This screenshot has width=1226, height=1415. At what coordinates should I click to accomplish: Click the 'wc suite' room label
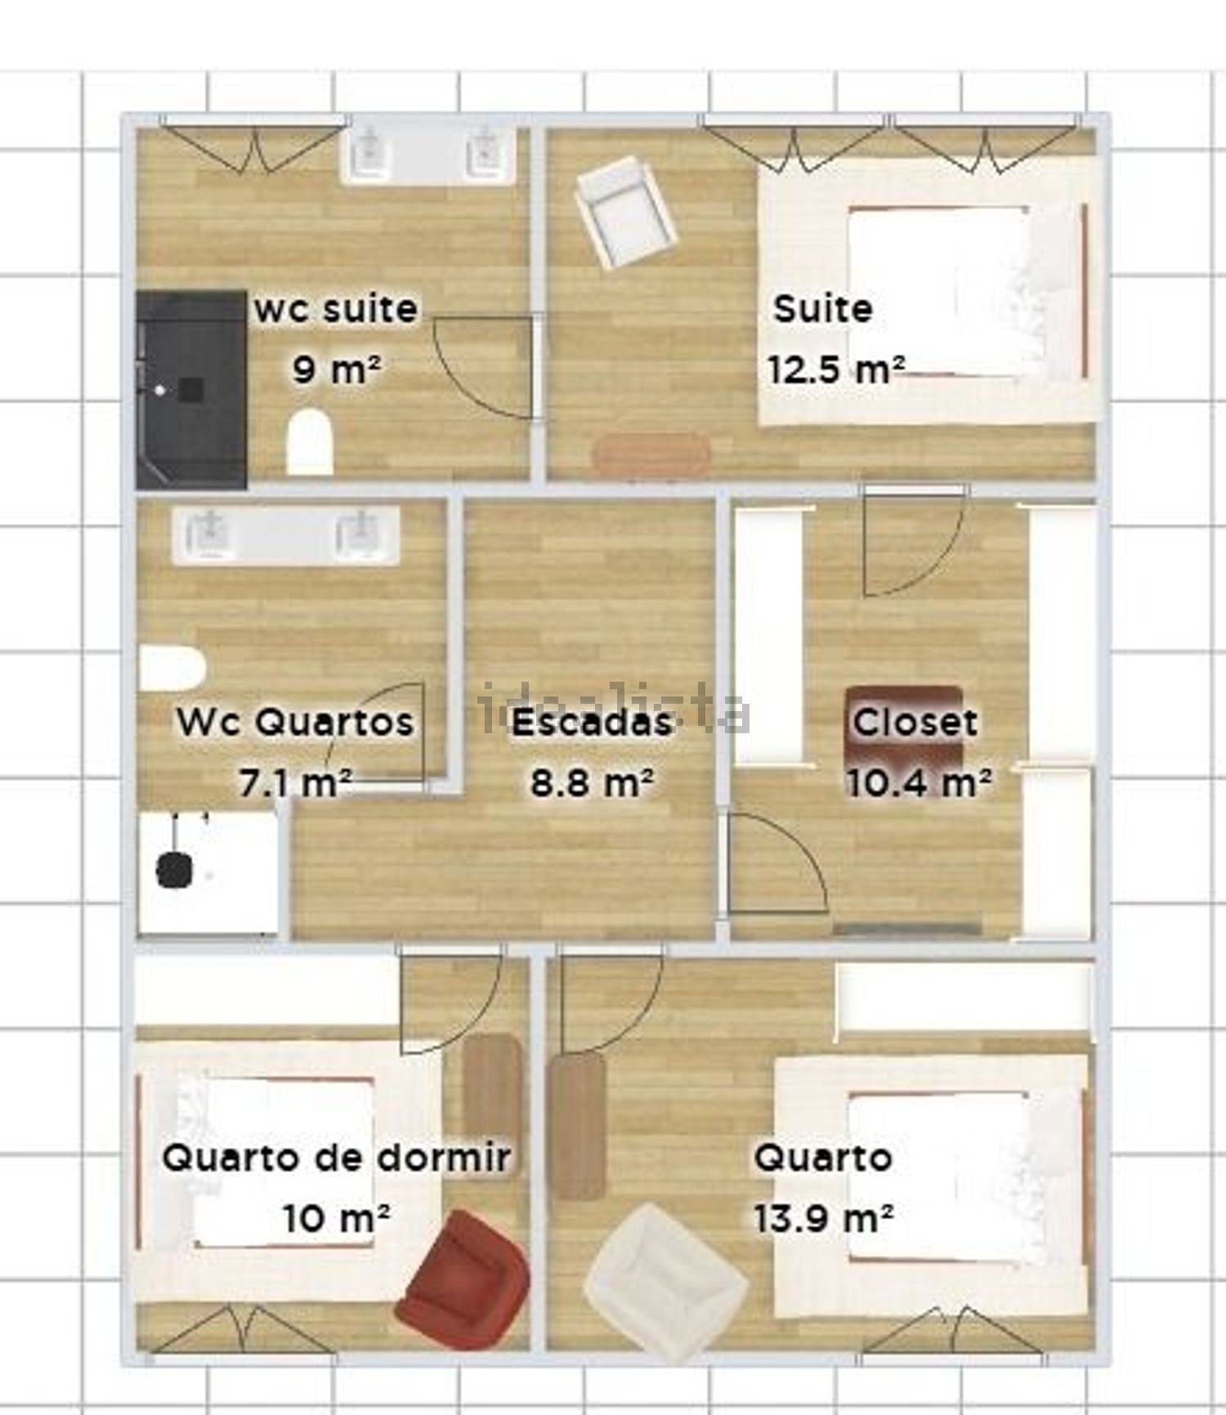pos(336,309)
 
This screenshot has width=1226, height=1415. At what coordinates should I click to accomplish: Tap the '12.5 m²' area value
pos(835,369)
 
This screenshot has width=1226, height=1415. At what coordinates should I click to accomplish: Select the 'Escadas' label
pos(592,722)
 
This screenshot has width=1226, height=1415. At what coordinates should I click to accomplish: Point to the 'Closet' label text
pos(915,722)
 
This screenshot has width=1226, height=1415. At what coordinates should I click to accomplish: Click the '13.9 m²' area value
pos(822,1219)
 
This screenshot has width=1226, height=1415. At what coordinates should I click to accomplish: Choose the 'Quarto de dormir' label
pos(337,1158)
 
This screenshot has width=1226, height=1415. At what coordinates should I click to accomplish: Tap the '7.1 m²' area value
pos(296,782)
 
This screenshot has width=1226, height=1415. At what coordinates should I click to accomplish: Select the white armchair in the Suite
pos(625,213)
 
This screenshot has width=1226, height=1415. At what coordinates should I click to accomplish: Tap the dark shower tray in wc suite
pos(191,390)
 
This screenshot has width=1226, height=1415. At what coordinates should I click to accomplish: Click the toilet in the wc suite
pos(311,441)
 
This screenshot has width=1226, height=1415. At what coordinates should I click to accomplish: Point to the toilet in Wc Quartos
pos(172,668)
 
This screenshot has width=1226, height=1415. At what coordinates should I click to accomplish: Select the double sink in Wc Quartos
pos(285,535)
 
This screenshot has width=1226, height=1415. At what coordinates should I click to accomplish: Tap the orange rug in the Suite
pos(651,454)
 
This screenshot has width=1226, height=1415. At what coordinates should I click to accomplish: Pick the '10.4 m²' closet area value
pos(919,782)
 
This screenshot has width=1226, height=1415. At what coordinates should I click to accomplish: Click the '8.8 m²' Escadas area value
pos(592,782)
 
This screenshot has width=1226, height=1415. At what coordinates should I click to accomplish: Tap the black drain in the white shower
pos(174,870)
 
